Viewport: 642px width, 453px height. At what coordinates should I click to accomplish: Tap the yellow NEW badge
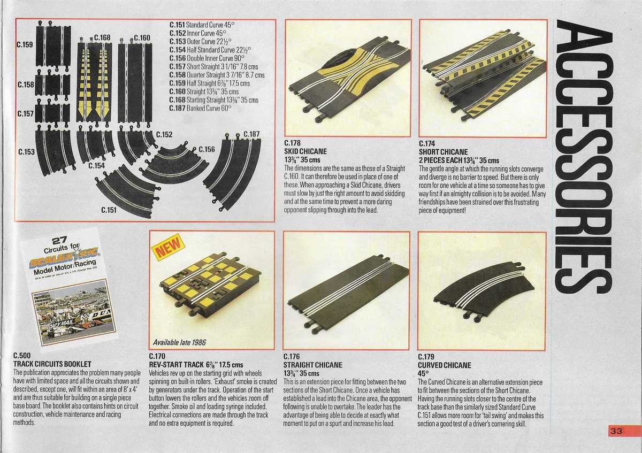point(169,248)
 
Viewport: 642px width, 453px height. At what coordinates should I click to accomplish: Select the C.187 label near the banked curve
point(251,134)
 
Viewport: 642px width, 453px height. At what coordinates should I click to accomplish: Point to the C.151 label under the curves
point(109,210)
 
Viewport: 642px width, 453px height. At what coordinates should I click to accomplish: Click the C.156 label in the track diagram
point(207,149)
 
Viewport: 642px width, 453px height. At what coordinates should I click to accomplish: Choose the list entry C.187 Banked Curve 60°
point(200,108)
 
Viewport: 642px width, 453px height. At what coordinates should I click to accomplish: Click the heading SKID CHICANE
point(305,152)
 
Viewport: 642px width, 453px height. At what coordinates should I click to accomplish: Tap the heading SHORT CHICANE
point(444,152)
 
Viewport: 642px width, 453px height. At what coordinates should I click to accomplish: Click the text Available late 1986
point(179,342)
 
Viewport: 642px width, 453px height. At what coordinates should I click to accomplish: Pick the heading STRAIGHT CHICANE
point(312,365)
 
